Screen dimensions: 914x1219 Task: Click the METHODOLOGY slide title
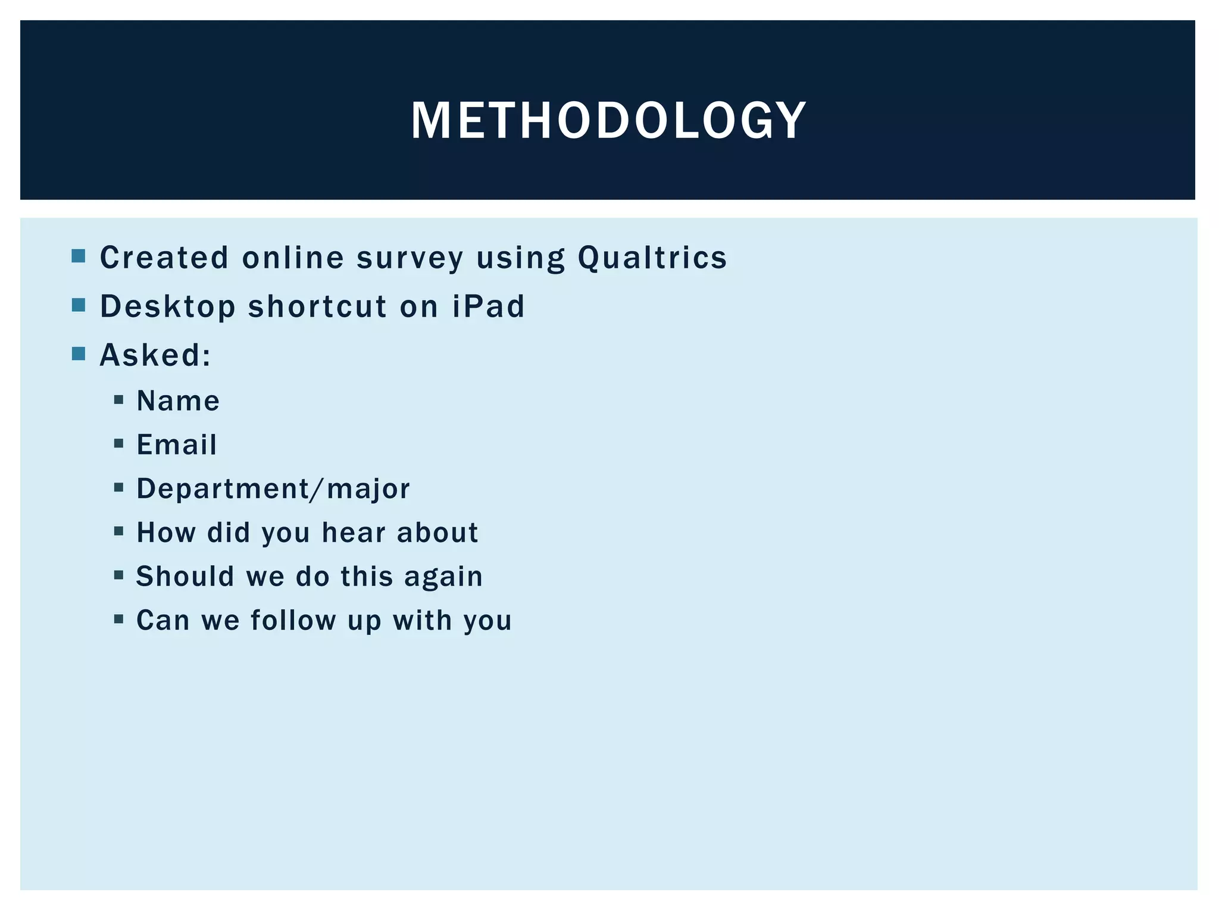point(608,120)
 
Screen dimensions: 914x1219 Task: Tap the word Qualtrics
point(652,258)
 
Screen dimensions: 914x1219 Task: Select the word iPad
point(488,306)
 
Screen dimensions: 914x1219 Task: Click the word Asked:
point(155,355)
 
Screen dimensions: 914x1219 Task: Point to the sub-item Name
point(178,400)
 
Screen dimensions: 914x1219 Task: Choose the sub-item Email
point(177,445)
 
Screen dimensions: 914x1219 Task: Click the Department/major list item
point(273,489)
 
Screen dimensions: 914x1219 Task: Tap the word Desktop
point(168,306)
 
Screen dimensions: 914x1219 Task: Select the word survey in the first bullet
point(410,258)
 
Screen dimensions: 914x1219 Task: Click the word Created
point(164,258)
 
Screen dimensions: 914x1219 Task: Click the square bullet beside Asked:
point(78,354)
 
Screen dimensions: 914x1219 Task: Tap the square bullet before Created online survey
point(78,256)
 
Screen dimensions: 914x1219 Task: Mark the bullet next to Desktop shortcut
point(78,305)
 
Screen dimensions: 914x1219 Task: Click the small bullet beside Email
point(119,443)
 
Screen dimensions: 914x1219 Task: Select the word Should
point(185,576)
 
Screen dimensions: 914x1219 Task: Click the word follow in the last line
point(293,620)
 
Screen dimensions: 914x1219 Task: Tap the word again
point(443,576)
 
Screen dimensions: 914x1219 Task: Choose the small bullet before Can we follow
point(119,619)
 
